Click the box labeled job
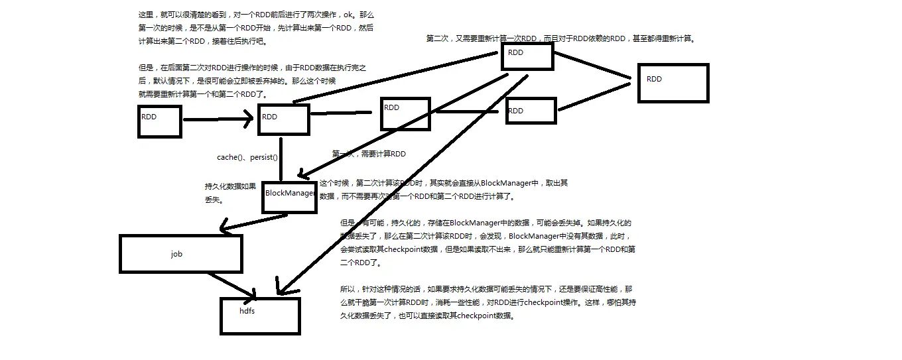coord(180,253)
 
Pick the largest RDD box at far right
coord(673,83)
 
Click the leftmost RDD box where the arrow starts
coord(159,121)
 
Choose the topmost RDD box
coord(527,56)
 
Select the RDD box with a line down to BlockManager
coord(283,119)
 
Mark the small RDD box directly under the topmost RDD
coord(530,111)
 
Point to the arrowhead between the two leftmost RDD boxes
coord(247,120)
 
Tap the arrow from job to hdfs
coord(232,283)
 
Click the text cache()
coord(230,157)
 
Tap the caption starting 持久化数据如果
coord(230,187)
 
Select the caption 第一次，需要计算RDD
coord(369,154)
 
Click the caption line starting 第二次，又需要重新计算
coord(560,38)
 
